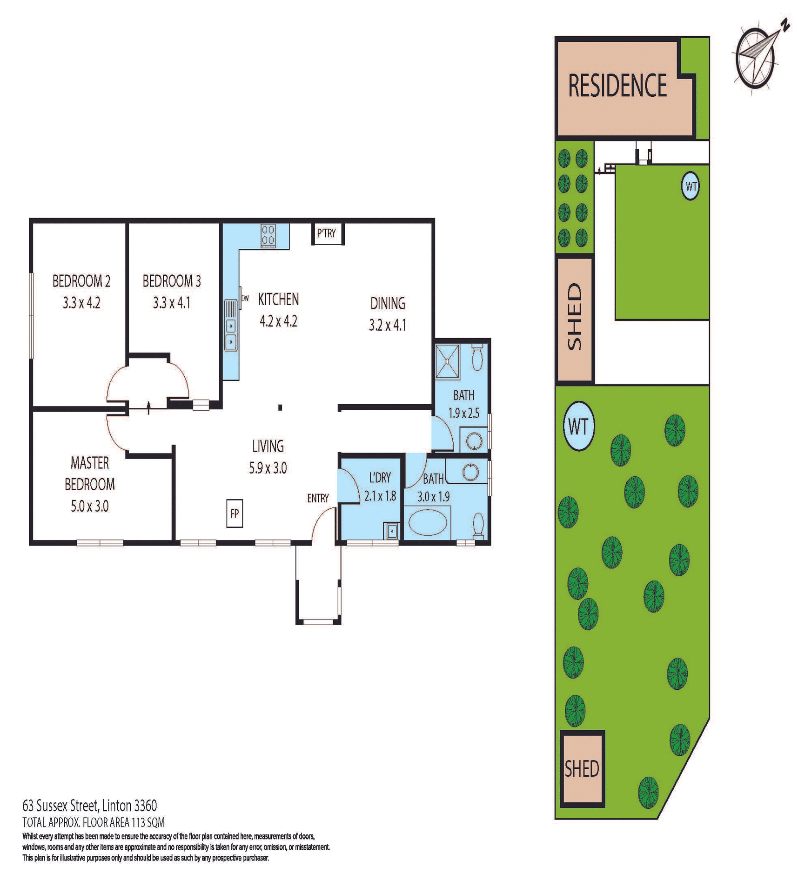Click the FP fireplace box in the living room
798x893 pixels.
click(x=235, y=513)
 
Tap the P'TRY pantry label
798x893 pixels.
click(x=326, y=233)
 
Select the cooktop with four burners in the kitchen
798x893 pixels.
click(x=268, y=235)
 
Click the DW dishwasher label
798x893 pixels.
click(x=245, y=299)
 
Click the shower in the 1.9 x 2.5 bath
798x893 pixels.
click(x=447, y=360)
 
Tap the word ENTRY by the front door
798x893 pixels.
click(x=318, y=499)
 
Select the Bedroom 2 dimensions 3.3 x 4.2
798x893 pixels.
click(x=81, y=303)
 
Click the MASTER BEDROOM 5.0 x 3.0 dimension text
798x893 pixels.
click(x=89, y=506)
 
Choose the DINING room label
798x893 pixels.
click(x=388, y=303)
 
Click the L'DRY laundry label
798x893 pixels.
click(x=380, y=478)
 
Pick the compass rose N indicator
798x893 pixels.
click(x=785, y=24)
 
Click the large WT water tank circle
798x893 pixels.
click(x=578, y=426)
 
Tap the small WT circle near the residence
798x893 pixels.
click(x=691, y=187)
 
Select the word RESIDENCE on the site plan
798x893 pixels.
click(x=617, y=86)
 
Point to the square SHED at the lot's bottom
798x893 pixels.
click(x=582, y=769)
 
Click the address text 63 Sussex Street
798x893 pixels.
click(x=89, y=805)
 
